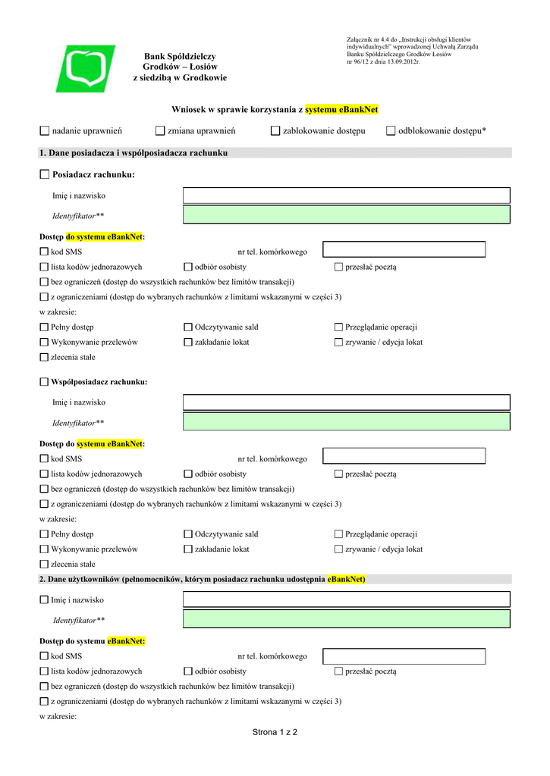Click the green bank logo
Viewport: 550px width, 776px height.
(90, 68)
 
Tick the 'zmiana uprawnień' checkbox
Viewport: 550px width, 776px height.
(160, 131)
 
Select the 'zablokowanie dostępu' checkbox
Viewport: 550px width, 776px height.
(275, 131)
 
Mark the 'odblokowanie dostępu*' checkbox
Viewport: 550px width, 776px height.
(391, 131)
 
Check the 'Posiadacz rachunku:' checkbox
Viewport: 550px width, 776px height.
(44, 175)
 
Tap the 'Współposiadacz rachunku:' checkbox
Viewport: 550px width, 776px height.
(44, 382)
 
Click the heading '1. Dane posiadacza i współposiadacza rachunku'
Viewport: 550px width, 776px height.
(133, 153)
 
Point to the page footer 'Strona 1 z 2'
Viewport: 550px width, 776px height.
(275, 732)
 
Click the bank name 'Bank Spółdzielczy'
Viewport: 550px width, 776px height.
(180, 57)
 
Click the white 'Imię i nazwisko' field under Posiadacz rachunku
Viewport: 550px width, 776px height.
(347, 196)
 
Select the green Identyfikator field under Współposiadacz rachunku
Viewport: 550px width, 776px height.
(347, 422)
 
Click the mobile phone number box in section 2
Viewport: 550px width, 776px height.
(404, 656)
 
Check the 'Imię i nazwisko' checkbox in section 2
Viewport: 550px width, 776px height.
(44, 600)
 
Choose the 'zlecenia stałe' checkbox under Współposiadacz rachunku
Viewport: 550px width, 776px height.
(44, 565)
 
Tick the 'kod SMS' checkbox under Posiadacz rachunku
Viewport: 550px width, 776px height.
(44, 252)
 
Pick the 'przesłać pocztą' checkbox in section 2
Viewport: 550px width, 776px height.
(338, 671)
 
